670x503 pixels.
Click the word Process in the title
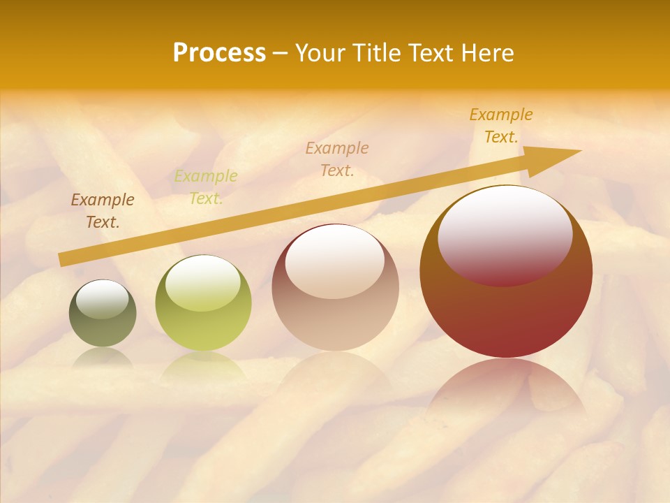[219, 53]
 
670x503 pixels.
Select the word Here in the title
[487, 53]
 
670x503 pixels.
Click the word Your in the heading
[322, 53]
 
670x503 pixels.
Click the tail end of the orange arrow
[63, 259]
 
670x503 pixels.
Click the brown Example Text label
[103, 211]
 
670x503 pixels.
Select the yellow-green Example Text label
[206, 187]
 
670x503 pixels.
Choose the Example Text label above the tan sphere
[337, 159]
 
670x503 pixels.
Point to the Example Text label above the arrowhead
[501, 126]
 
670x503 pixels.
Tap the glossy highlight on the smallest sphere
[103, 299]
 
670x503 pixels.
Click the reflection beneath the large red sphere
[506, 391]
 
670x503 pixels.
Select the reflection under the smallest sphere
[103, 358]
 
